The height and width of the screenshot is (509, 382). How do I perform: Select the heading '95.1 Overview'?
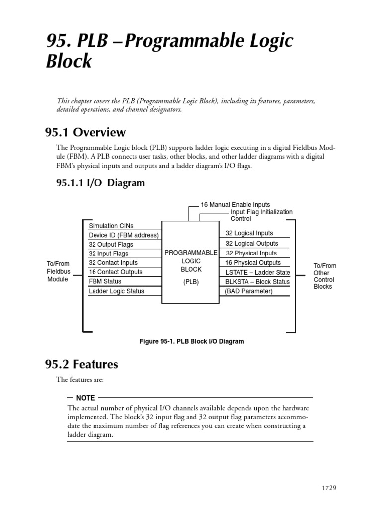[85, 133]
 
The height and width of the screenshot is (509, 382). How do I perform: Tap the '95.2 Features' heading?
[82, 364]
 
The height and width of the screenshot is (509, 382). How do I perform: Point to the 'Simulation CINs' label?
[111, 226]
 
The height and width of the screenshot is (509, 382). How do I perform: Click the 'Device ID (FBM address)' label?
[123, 235]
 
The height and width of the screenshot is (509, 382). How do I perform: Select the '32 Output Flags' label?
[111, 245]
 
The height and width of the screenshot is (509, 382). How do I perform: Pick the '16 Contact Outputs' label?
[115, 272]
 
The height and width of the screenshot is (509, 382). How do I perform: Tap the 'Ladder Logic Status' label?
[116, 291]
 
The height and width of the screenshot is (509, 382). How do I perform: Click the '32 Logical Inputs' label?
[249, 233]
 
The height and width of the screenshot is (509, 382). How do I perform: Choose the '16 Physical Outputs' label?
[253, 263]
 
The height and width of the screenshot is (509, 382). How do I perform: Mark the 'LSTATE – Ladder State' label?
[257, 272]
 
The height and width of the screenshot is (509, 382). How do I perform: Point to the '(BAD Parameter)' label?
[249, 291]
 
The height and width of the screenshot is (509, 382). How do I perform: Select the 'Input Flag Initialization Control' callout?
[261, 215]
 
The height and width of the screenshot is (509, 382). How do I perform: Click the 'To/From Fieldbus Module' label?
[58, 271]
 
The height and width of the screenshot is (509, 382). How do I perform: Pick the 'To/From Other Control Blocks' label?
[325, 276]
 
